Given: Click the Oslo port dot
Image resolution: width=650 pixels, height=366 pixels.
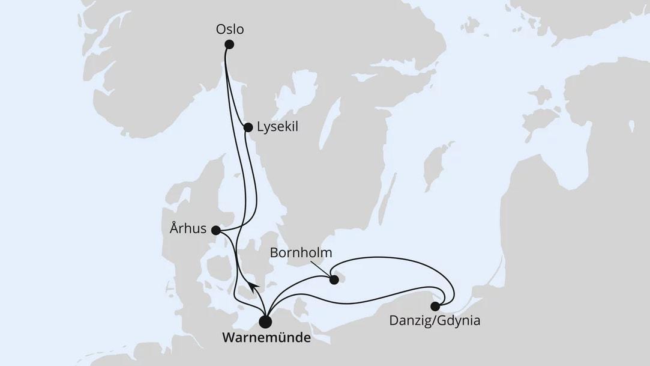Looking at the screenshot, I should click(229, 44).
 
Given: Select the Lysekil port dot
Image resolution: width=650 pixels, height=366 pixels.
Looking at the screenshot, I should click(248, 127).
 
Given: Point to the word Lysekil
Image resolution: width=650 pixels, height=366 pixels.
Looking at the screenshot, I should click(277, 127).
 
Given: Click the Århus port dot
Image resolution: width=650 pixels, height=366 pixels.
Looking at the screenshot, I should click(215, 230).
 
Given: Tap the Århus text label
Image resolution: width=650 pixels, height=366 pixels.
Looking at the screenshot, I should click(188, 229).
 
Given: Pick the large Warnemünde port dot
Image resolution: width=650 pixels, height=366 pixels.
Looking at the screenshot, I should click(265, 322).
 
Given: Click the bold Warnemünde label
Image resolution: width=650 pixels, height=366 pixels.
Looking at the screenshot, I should click(266, 338).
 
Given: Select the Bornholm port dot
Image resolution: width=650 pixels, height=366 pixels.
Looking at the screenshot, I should click(334, 279).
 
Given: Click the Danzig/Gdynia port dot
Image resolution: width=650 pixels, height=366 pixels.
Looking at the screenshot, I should click(435, 306).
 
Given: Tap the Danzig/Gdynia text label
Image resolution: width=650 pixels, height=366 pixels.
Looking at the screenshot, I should click(435, 321).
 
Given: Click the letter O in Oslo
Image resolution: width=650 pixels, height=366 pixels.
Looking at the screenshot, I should click(220, 29).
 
